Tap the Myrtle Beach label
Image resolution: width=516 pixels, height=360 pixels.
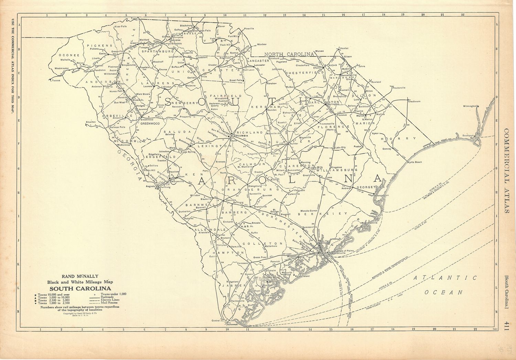[x=414, y=162]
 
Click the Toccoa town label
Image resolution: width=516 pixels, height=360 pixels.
[x=56, y=80]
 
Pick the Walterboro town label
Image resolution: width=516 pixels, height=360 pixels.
[x=270, y=246]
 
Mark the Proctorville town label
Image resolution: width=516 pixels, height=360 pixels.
[x=399, y=88]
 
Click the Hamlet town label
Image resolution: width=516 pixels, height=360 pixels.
[x=344, y=48]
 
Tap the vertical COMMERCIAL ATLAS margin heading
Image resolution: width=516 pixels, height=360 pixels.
[x=507, y=171]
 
